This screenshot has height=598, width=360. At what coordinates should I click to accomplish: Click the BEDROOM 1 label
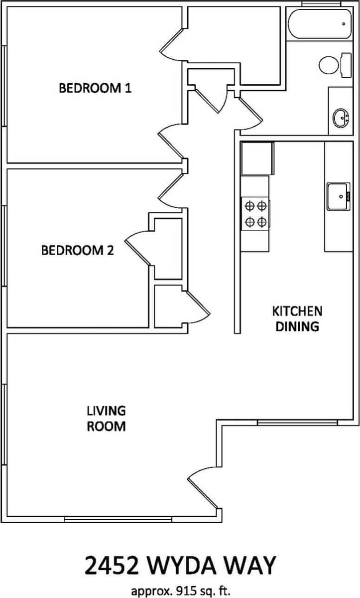click(x=95, y=89)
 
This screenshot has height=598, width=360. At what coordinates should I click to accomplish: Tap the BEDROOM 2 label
click(x=77, y=250)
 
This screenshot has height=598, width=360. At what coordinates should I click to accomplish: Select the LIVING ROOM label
click(x=106, y=419)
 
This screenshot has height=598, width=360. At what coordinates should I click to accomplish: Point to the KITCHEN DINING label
click(x=297, y=319)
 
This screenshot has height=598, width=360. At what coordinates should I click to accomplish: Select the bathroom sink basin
click(x=341, y=118)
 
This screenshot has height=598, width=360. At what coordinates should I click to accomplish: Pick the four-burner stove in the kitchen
click(x=255, y=213)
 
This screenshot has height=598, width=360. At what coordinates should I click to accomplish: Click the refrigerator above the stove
click(x=257, y=158)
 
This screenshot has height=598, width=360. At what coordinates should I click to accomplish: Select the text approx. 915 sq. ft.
click(x=180, y=591)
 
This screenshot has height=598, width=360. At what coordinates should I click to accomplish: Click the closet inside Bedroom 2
click(x=167, y=248)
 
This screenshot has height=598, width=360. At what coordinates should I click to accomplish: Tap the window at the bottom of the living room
click(x=118, y=519)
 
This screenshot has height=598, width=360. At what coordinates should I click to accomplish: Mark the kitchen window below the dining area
click(x=297, y=423)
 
